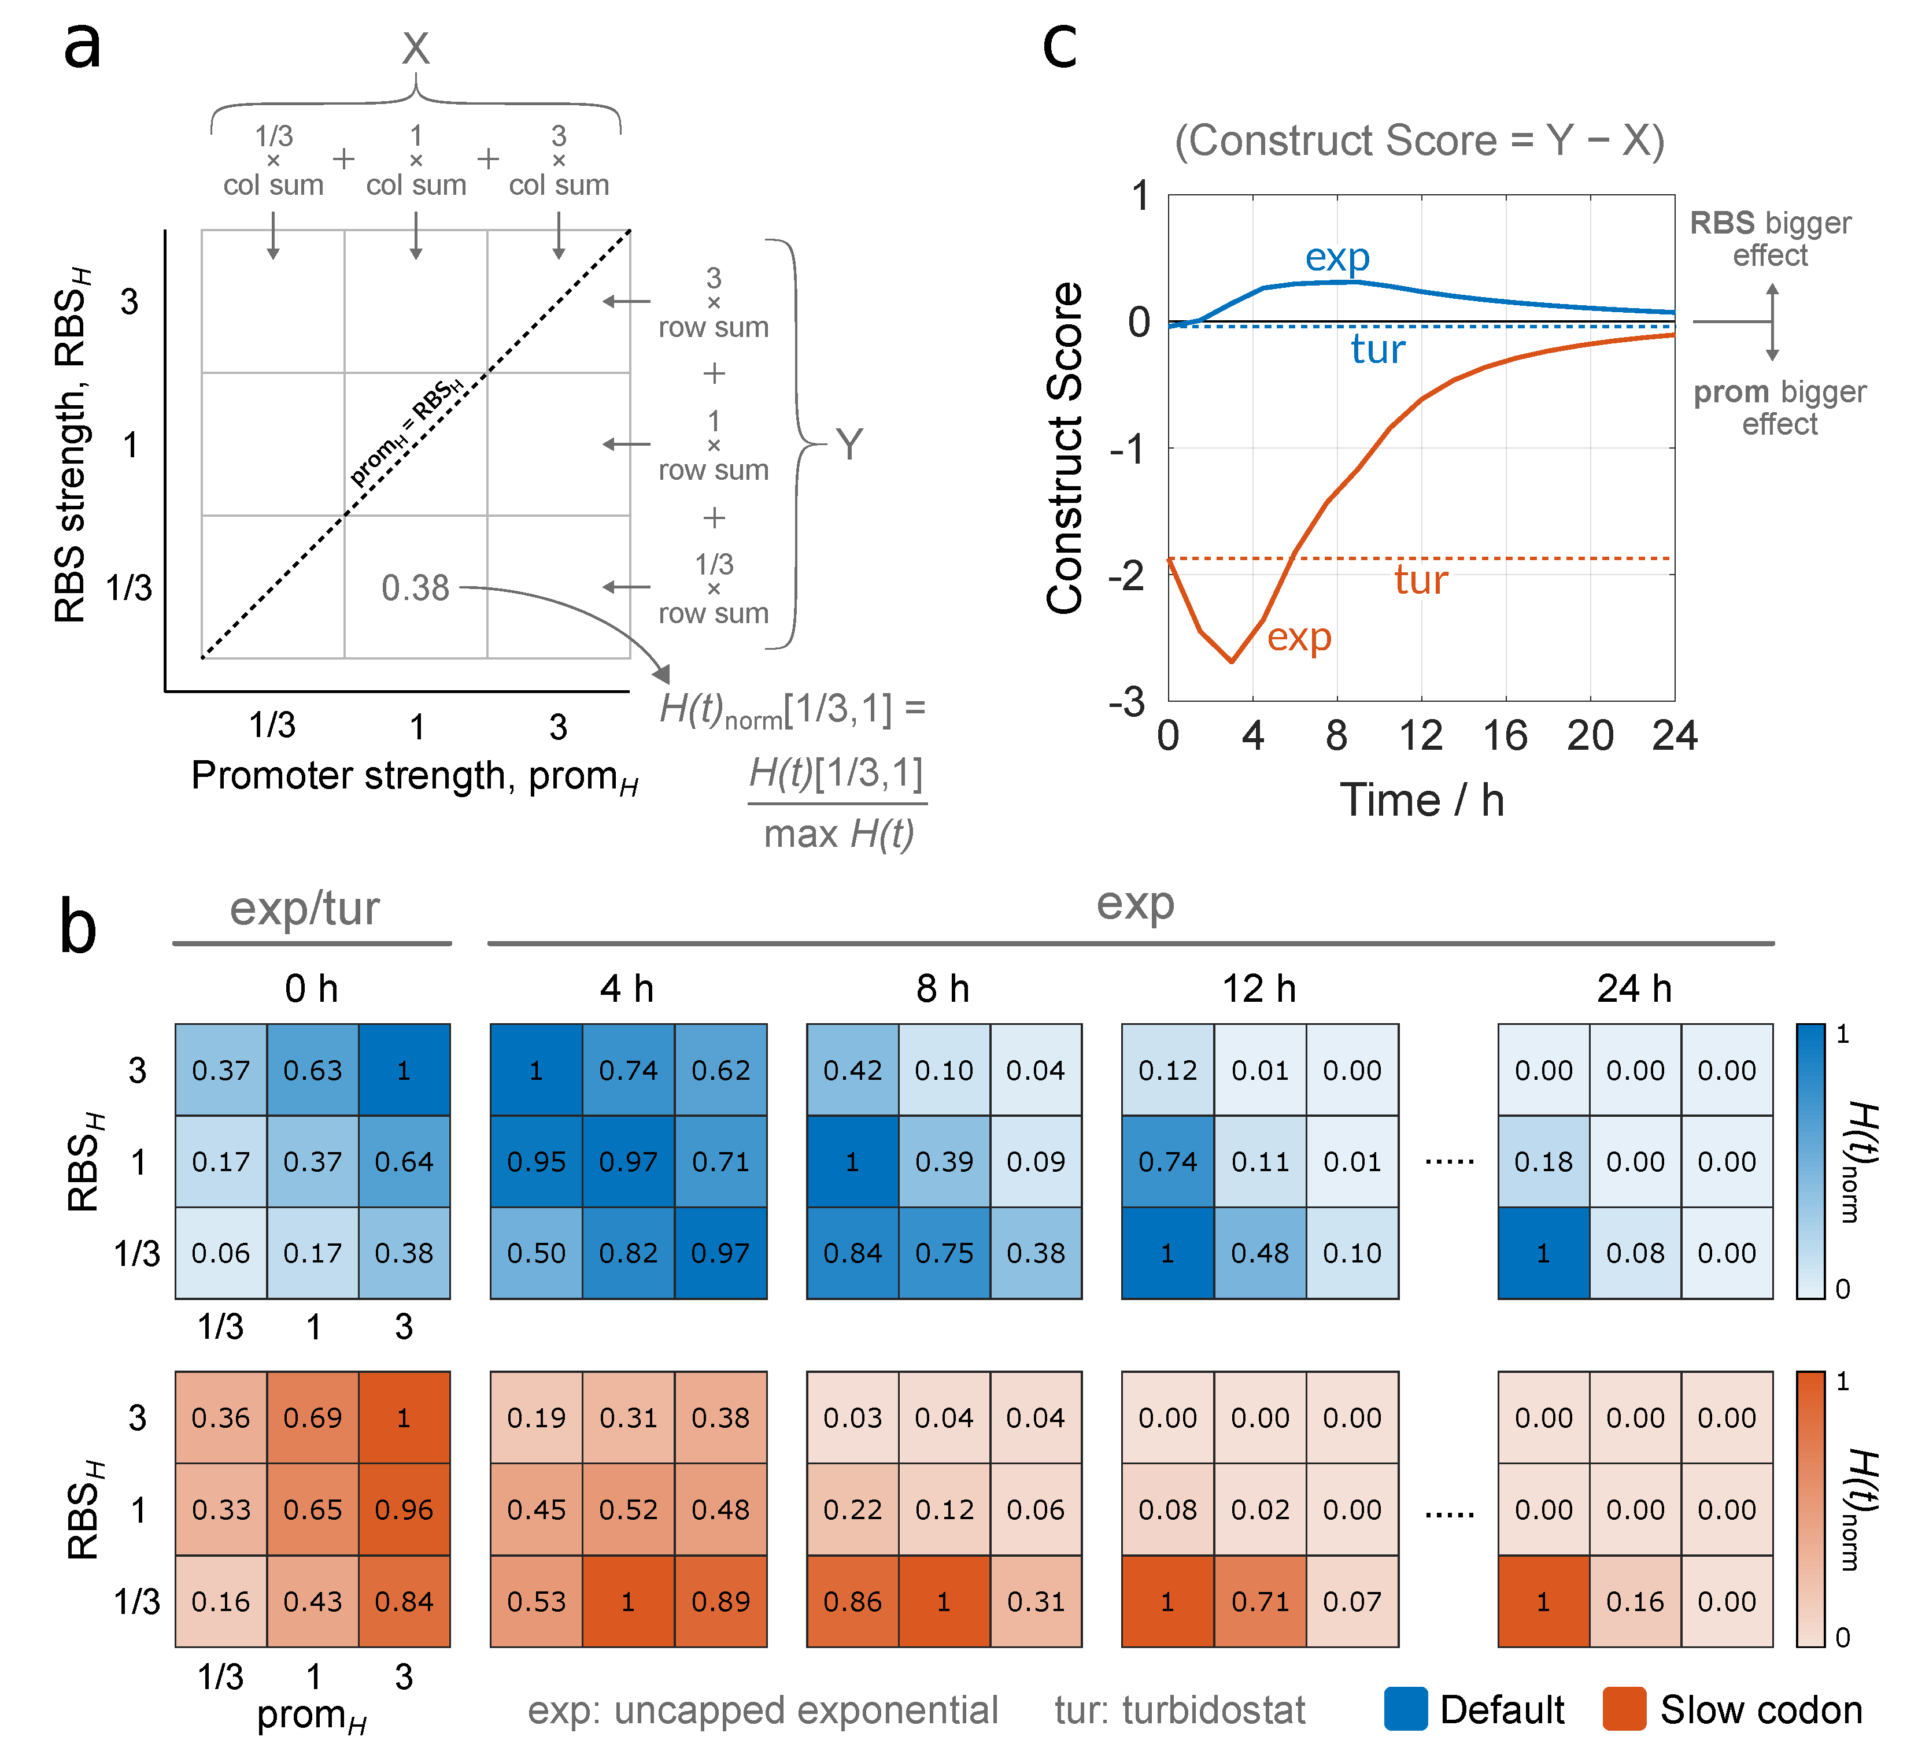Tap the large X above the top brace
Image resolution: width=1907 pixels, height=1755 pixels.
coord(415,47)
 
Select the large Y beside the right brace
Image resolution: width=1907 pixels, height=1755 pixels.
coord(849,445)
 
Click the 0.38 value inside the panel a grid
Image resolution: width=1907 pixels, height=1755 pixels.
coord(415,588)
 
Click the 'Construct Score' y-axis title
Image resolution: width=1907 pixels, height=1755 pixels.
coord(1066,448)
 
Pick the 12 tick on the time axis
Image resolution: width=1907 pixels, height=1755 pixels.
coord(1421,736)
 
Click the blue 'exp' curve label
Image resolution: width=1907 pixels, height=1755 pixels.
coord(1337,257)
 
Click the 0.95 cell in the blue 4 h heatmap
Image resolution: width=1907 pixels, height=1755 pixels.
coord(537,1161)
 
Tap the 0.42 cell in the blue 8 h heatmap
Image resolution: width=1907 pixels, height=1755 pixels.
coord(852,1071)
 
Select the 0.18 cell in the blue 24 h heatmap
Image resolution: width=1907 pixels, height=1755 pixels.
coord(1543,1161)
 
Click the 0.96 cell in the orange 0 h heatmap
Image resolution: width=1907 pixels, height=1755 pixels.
coord(404,1509)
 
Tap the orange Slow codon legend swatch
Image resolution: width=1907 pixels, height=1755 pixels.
coord(1624,1709)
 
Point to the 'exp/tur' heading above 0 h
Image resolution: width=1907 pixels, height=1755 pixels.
coord(304,908)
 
